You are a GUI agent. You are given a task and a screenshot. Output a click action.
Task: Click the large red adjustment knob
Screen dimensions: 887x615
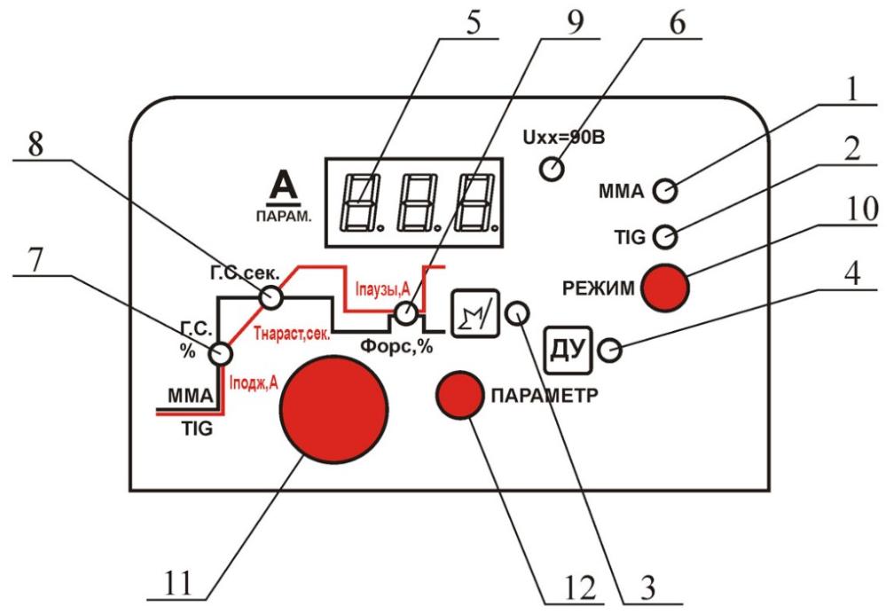(x=334, y=409)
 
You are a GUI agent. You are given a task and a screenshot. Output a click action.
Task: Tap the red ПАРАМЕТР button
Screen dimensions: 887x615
(x=459, y=395)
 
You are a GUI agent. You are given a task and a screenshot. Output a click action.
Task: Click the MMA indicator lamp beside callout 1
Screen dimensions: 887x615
(x=664, y=191)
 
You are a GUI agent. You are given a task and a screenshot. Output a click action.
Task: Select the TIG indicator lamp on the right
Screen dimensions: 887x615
(x=664, y=236)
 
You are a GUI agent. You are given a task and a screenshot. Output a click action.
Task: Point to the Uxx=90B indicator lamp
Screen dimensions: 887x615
(x=552, y=170)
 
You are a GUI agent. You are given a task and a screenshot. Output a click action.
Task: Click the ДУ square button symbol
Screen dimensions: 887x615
(x=568, y=351)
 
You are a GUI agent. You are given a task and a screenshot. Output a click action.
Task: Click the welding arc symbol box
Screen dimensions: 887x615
(x=475, y=313)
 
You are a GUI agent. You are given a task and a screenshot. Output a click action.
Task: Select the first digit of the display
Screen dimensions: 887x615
(x=361, y=202)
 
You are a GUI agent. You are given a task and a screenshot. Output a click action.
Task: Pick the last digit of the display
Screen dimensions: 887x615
(x=476, y=202)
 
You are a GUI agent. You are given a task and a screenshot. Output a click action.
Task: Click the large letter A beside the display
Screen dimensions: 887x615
(x=284, y=185)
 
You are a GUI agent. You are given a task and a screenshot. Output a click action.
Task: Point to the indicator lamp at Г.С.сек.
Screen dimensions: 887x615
(x=271, y=297)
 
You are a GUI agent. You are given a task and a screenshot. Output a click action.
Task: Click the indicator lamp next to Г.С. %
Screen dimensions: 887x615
(x=220, y=354)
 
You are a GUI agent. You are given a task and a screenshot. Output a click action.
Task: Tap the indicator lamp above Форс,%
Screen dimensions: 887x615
(x=405, y=313)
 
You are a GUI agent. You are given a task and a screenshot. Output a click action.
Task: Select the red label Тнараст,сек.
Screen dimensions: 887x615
(x=293, y=334)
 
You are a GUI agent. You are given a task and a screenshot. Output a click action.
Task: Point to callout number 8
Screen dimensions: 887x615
(x=35, y=145)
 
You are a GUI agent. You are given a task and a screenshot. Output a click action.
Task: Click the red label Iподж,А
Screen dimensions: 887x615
(x=254, y=383)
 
